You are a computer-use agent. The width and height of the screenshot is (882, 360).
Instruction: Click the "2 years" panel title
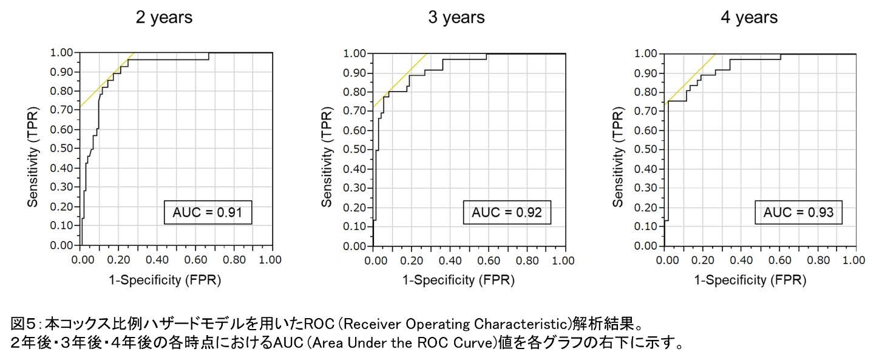point(164,18)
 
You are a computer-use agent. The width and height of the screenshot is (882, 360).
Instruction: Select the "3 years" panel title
point(456,18)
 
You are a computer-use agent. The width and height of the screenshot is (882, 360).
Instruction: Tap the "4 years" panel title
point(748,18)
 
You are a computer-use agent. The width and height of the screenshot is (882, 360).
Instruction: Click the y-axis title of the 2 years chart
point(33,150)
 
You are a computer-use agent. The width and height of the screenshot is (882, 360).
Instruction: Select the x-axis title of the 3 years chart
point(458,280)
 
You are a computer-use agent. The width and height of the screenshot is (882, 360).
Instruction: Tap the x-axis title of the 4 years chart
point(750,280)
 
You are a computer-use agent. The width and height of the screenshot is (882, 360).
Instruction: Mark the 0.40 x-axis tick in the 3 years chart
point(450,260)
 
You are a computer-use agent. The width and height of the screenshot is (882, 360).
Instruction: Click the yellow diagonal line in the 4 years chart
point(692,79)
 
